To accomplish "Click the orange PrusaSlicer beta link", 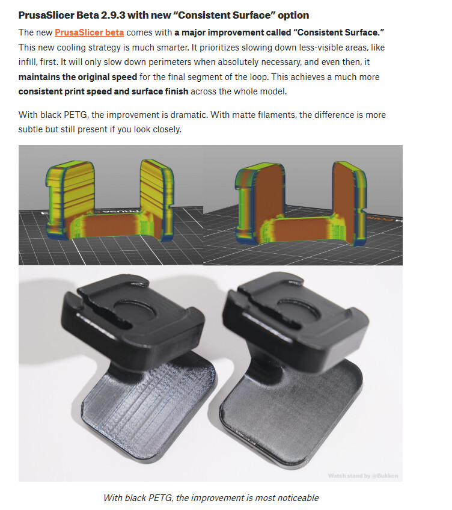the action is pos(89,32).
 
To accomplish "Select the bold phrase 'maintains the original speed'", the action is pos(78,77).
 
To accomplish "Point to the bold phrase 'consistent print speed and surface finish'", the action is pos(103,91).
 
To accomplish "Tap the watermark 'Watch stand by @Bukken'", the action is pos(363,476).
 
